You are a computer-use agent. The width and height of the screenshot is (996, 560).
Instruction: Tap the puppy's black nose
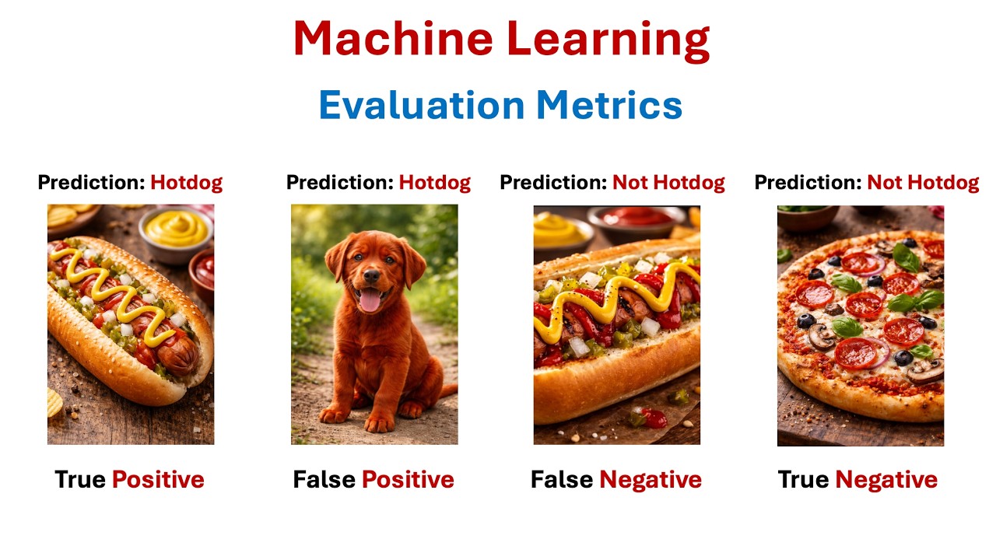click(x=372, y=276)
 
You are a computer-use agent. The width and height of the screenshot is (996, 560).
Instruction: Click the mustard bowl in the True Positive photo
click(x=177, y=228)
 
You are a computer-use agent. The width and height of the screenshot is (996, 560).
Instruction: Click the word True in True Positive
click(x=80, y=480)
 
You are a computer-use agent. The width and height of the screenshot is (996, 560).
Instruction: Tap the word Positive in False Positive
click(x=408, y=480)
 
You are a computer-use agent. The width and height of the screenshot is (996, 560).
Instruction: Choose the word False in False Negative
click(x=562, y=480)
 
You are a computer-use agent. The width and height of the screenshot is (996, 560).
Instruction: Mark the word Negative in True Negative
click(x=886, y=480)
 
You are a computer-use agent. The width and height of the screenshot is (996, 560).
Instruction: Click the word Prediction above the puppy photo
click(x=339, y=183)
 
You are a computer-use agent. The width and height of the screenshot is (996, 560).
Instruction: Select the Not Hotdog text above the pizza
click(x=923, y=183)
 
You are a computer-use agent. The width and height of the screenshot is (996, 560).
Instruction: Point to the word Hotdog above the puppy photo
click(x=435, y=183)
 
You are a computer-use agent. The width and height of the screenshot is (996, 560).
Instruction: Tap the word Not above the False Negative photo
click(x=630, y=183)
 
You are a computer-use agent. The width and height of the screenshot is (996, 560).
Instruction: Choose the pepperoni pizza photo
click(x=861, y=325)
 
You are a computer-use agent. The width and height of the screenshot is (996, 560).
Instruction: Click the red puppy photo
click(x=374, y=325)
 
